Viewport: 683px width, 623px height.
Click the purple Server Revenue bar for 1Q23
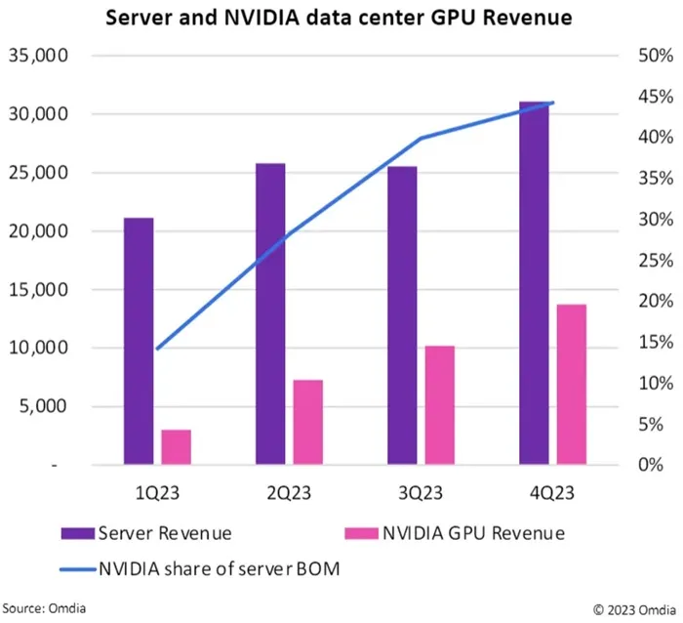pos(139,341)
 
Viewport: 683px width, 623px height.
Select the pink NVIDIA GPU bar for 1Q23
pos(177,447)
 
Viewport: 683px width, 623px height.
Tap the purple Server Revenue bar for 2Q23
pos(270,313)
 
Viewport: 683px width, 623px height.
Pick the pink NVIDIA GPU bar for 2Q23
pos(308,422)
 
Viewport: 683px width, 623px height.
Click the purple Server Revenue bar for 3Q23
pos(402,315)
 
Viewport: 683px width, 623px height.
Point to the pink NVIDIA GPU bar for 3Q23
pos(440,405)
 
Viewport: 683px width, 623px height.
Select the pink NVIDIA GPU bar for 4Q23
pos(572,385)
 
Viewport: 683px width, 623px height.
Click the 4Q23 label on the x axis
pos(552,493)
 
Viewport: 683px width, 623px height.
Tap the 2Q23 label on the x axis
pos(289,493)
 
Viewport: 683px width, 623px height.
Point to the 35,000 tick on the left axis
pos(38,56)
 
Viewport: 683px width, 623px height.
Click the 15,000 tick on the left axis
pos(38,289)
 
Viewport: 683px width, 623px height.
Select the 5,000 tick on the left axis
pos(43,406)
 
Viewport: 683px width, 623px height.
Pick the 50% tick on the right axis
pos(656,56)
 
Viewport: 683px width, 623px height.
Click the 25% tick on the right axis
pos(656,261)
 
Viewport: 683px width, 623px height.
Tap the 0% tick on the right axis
pos(651,465)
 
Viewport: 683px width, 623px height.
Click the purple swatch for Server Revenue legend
pos(77,533)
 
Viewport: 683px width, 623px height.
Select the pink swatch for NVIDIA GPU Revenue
pos(361,533)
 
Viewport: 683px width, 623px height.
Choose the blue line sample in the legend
pos(77,569)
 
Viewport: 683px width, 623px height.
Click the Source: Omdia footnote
pos(44,608)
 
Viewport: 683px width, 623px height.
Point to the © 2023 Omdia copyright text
pos(634,610)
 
